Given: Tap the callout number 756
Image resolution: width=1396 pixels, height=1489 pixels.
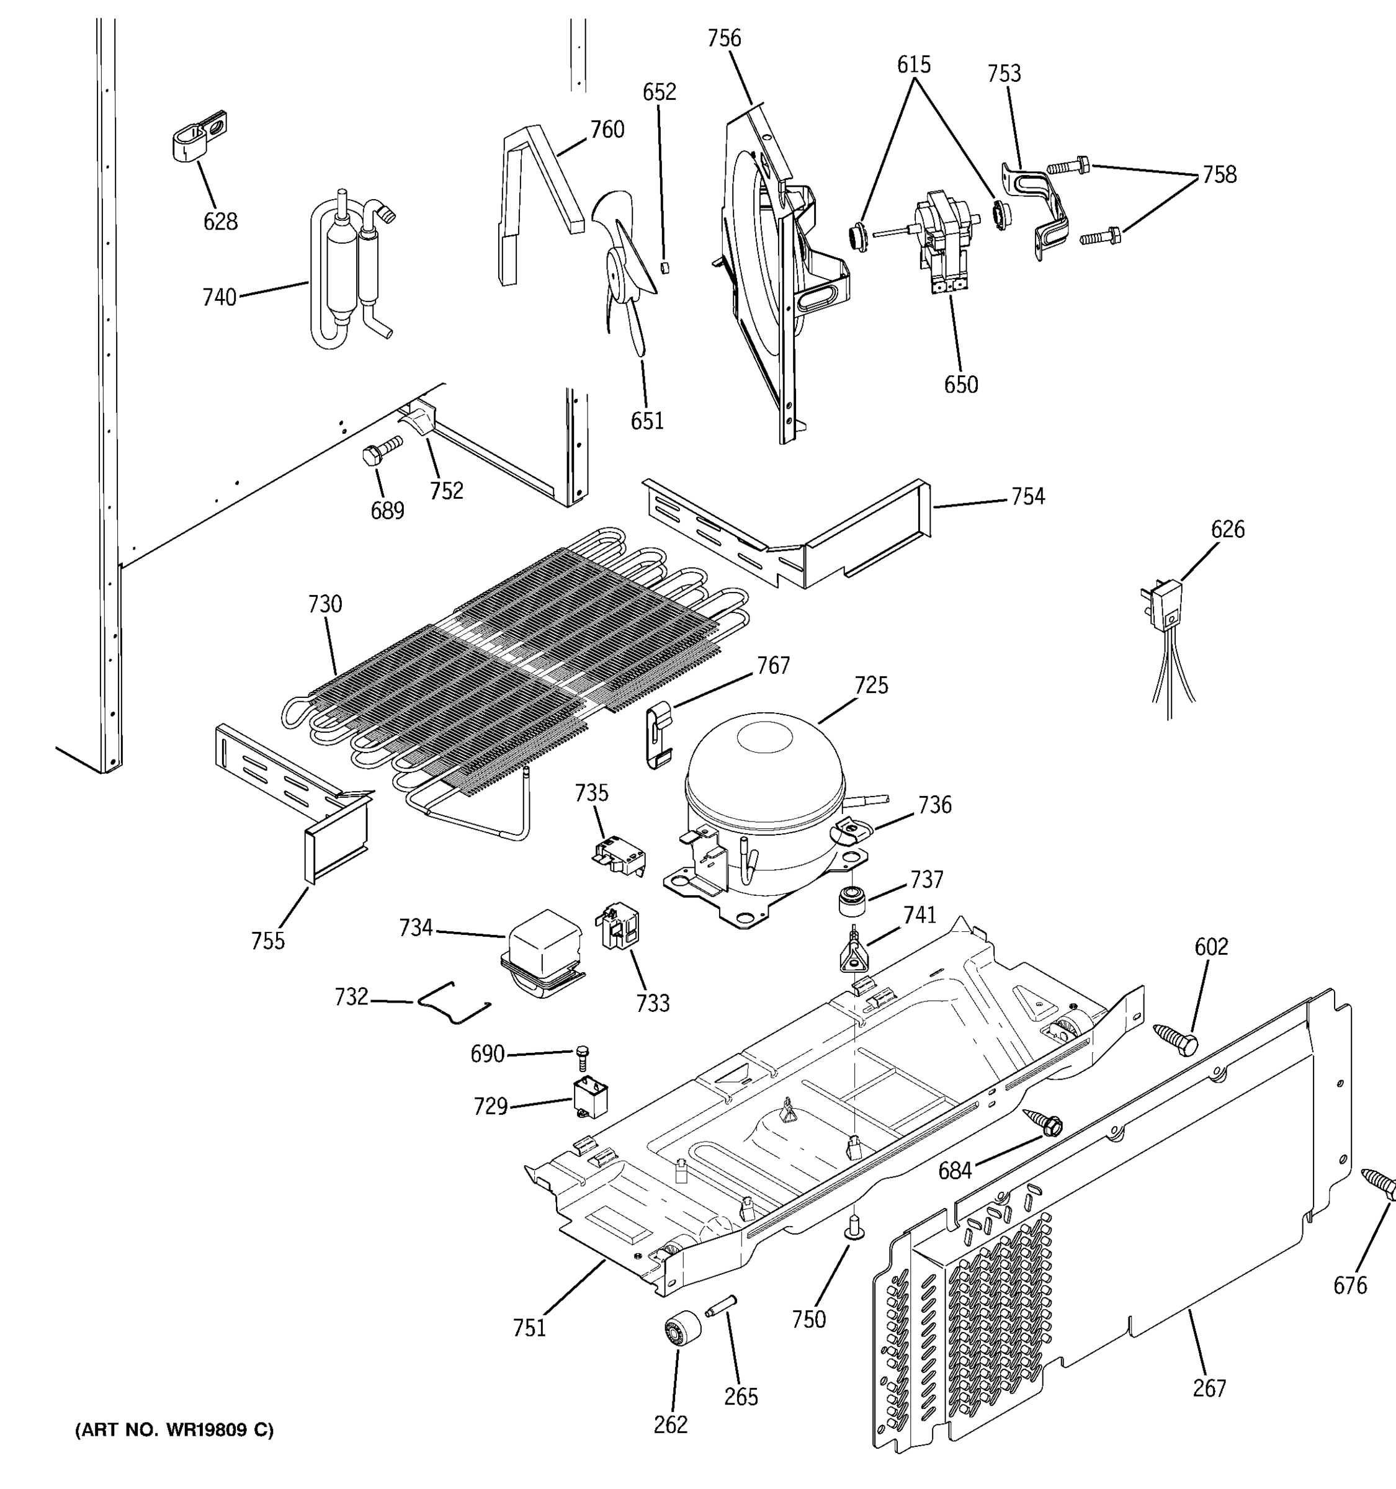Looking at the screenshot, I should [x=724, y=38].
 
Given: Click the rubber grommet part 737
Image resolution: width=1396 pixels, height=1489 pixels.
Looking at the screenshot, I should [x=851, y=900].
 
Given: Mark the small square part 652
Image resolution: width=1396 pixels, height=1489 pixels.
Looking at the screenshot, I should [x=664, y=267].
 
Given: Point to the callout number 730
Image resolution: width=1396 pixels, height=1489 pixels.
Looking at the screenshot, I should [x=325, y=604].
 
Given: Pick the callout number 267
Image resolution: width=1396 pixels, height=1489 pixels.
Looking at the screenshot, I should [x=1209, y=1388].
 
